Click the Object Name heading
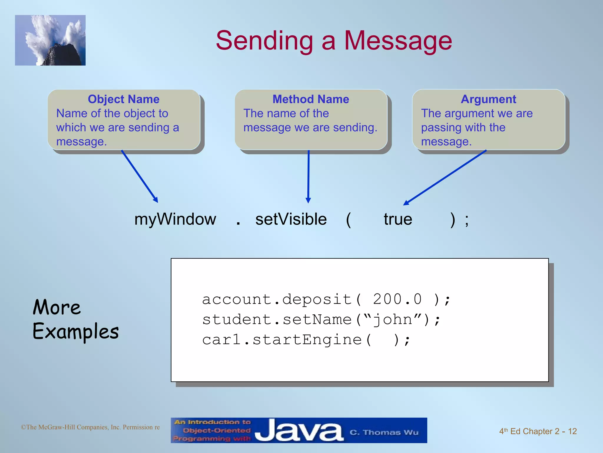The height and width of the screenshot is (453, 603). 123,99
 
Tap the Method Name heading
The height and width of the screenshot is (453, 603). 311,99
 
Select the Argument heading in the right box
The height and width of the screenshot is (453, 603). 488,99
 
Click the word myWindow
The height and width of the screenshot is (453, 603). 175,219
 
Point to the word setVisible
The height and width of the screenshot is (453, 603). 291,219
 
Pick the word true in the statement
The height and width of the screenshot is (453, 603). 398,219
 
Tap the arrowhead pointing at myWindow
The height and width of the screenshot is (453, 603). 156,200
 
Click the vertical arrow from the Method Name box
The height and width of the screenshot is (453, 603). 308,177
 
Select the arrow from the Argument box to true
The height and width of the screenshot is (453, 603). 445,178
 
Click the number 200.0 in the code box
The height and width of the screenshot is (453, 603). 397,299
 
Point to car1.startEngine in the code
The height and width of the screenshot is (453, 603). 282,340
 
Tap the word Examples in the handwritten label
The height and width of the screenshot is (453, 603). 76,331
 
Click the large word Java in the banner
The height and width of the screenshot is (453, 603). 299,431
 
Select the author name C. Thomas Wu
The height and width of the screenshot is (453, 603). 384,432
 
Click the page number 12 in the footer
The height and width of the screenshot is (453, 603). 572,431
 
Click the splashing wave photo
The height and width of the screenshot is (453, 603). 50,40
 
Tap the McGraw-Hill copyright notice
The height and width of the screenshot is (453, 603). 90,427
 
